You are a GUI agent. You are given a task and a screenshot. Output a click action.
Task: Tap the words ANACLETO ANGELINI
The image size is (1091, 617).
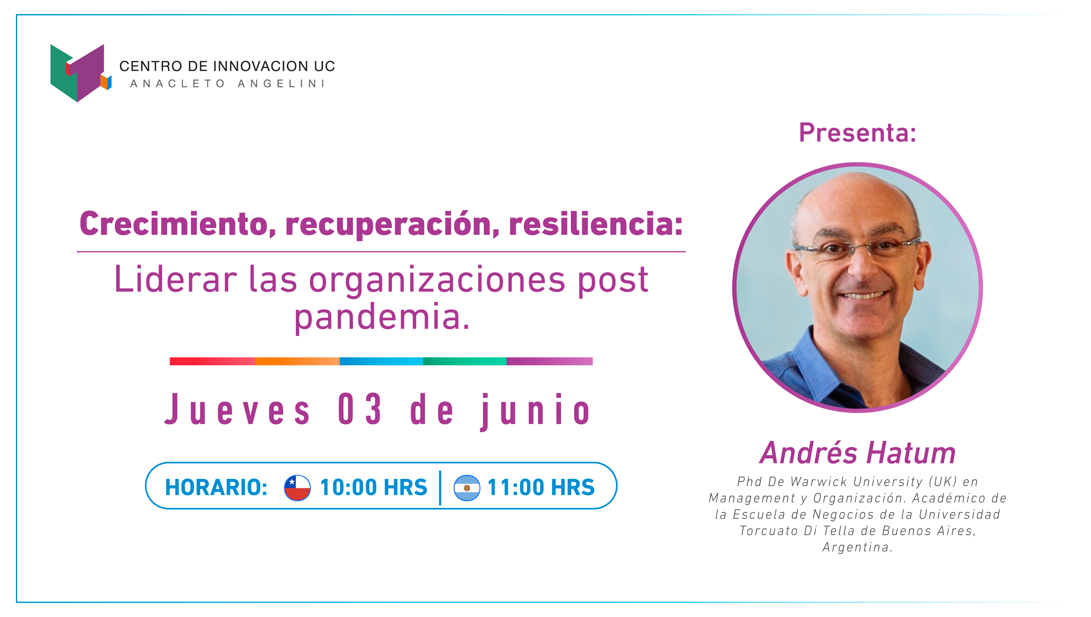228,83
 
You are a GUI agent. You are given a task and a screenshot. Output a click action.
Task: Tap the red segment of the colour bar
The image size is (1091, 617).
212,361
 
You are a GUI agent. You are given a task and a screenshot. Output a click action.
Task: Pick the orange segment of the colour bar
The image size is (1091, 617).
297,361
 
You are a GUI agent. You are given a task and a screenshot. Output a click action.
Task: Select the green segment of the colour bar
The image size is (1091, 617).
465,361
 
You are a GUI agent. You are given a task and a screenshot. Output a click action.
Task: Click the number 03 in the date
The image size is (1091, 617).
360,409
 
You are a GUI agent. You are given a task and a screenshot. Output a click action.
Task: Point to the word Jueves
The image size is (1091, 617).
238,409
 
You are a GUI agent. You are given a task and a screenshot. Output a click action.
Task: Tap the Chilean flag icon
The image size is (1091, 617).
297,488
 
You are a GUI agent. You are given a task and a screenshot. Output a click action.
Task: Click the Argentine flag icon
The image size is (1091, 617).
467,488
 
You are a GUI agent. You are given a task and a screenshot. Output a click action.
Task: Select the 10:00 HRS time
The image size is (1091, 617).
373,487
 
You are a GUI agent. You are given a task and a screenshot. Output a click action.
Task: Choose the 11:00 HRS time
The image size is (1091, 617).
541,487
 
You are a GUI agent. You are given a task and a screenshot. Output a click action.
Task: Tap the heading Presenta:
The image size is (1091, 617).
858,133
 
